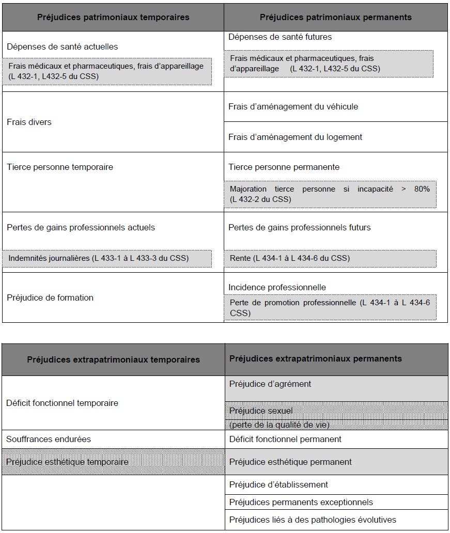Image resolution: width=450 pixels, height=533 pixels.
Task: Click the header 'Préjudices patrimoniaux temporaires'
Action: (113, 17)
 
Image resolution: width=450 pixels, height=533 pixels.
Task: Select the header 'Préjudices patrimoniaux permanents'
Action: (335, 17)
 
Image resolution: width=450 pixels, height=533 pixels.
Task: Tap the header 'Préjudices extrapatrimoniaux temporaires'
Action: (113, 359)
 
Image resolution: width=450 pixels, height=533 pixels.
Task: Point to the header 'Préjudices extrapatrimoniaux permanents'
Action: (315, 358)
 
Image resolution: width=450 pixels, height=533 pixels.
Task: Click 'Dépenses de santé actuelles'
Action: (62, 46)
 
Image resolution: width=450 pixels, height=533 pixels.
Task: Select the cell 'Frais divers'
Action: (29, 122)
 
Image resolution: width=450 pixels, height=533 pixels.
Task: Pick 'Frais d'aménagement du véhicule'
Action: (293, 107)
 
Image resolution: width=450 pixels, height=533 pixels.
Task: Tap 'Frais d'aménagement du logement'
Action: (295, 137)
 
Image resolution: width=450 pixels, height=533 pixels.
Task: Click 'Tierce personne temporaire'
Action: (59, 167)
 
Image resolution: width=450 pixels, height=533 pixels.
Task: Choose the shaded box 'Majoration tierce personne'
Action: (330, 194)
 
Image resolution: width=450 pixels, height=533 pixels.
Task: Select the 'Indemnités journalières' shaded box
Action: (108, 258)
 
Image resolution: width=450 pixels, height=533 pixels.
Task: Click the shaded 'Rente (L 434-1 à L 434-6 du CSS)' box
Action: (330, 258)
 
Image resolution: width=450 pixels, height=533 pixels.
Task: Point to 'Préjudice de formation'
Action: (50, 297)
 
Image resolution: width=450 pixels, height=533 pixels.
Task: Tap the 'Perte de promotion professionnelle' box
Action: (330, 308)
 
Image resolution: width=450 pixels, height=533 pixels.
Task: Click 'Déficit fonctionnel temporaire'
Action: (62, 403)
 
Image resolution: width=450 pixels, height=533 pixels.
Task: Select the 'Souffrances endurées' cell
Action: (49, 439)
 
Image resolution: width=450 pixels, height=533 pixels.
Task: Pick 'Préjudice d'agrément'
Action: (270, 384)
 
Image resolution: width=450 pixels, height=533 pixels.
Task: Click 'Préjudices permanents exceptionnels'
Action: (301, 502)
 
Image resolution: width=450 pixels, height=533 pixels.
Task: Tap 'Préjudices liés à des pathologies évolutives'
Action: (313, 520)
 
